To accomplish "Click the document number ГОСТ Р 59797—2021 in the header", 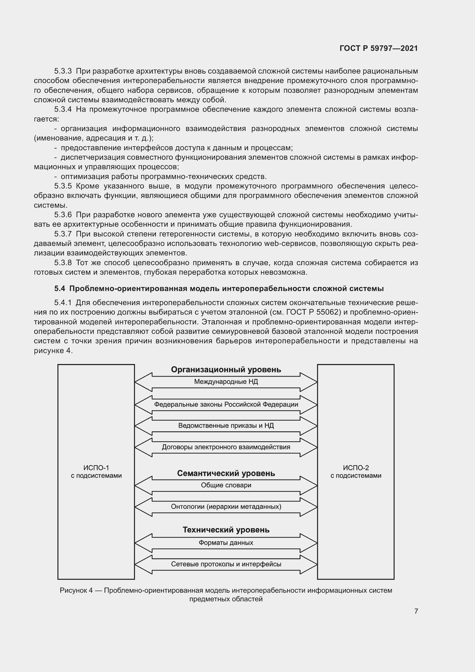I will click(x=379, y=48).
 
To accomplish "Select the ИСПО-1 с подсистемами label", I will click(x=96, y=471).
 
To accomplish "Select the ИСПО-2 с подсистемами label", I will click(x=356, y=471).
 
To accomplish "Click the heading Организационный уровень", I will click(x=226, y=370).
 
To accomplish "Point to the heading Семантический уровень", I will click(x=226, y=473).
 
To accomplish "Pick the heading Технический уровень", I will click(x=226, y=530).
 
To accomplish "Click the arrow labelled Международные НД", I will click(x=226, y=382).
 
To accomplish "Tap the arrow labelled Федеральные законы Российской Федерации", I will click(x=226, y=405).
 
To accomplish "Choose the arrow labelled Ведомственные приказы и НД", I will click(x=226, y=425).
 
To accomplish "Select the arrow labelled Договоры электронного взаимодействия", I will click(x=226, y=447).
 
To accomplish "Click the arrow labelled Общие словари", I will click(x=226, y=485).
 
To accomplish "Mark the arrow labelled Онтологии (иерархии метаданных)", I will click(x=226, y=507).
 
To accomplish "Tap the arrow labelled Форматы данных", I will click(x=226, y=543).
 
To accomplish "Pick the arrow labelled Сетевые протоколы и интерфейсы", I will click(x=226, y=564).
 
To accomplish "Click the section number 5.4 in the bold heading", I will click(x=59, y=288).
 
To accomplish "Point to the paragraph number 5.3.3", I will click(x=63, y=71).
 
